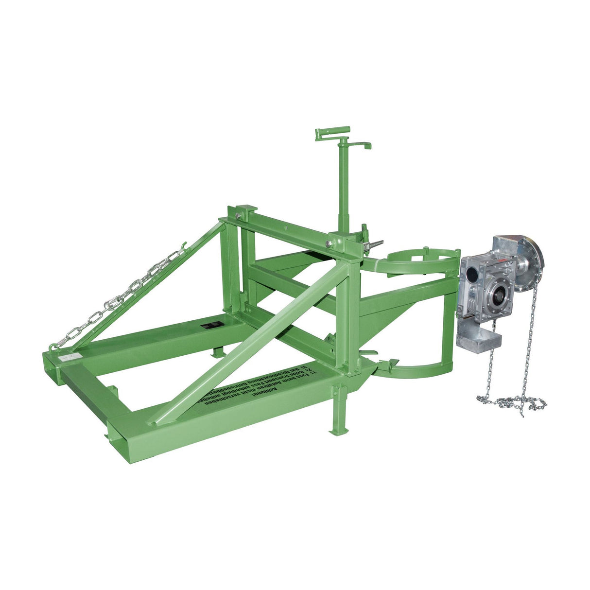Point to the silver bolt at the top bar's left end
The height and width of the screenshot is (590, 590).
[x=238, y=216]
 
